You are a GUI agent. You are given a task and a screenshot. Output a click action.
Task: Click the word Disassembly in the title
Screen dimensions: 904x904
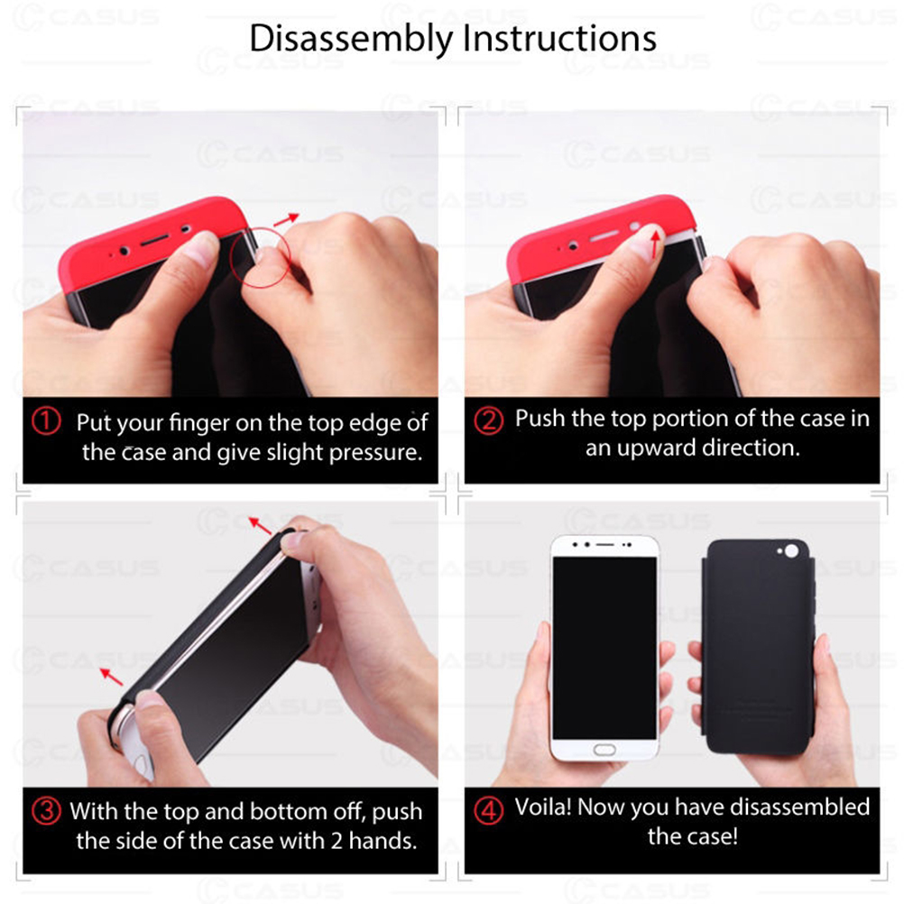click(x=351, y=39)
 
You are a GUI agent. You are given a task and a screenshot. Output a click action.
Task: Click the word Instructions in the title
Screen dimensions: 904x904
click(x=559, y=38)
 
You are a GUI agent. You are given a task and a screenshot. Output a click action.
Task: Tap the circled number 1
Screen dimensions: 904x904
click(x=46, y=421)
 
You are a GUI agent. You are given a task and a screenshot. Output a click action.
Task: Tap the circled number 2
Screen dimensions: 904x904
click(x=488, y=420)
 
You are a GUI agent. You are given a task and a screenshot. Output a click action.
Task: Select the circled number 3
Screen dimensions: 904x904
click(x=46, y=810)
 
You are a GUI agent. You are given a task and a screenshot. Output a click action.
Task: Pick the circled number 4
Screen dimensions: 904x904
click(x=488, y=810)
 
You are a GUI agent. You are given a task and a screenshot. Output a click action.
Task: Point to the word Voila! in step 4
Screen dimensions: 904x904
click(x=542, y=807)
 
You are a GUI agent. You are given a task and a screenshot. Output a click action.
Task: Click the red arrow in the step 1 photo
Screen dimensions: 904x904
click(x=286, y=219)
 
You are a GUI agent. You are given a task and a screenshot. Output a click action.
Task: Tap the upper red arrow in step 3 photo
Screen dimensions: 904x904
click(x=260, y=525)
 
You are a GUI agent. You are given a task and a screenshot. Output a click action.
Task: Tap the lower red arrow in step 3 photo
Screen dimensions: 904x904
click(x=111, y=677)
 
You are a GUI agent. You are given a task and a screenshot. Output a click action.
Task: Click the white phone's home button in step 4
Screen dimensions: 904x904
click(x=604, y=750)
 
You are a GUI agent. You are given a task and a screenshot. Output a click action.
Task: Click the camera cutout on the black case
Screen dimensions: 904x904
click(x=791, y=551)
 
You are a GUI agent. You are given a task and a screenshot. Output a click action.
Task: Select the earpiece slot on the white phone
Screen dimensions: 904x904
click(x=604, y=544)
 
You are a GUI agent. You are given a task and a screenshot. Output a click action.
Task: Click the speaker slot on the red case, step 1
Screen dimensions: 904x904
click(x=154, y=239)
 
